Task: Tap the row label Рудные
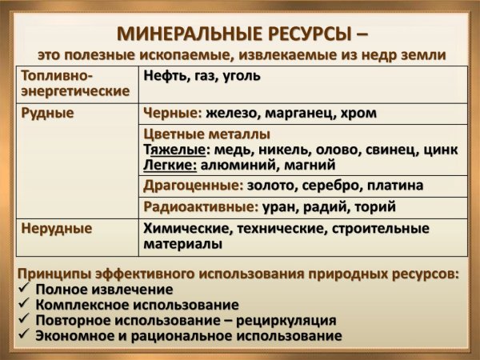pos(48,114)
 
